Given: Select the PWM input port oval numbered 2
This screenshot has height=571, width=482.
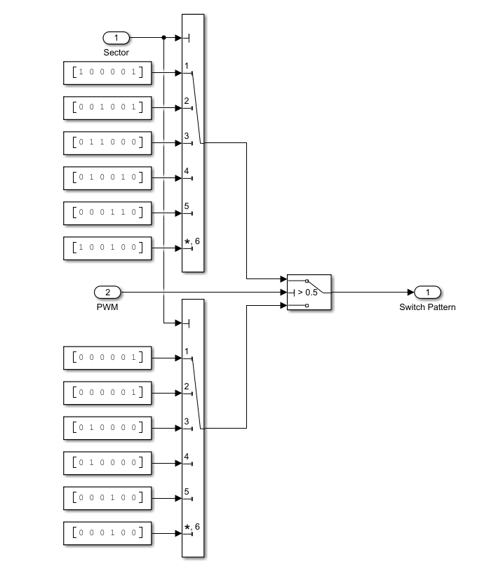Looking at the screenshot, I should coord(107,291).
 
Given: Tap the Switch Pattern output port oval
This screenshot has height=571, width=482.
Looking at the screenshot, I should coord(427,291).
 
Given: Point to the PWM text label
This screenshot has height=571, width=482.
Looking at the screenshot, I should coord(107,307).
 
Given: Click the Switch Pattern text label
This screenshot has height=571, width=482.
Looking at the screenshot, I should coord(427,307).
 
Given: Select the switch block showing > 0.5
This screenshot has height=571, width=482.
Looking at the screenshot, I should coord(309,291).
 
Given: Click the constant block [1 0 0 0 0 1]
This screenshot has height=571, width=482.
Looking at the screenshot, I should coord(107,72).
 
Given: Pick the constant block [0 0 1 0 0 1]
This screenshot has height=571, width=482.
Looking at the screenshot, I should coord(107,107).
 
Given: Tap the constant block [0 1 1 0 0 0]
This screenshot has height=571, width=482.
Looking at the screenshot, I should coord(107,142).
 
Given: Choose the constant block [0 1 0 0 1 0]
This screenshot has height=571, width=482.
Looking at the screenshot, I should coord(107,177).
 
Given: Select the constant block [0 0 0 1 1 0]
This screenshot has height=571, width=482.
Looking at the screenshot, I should coord(107,213).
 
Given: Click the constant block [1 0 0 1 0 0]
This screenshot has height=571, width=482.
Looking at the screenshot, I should coord(107,248).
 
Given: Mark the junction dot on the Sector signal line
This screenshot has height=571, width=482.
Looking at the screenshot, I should coord(163,37).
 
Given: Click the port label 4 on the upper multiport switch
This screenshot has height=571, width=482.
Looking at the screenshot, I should coord(187,170).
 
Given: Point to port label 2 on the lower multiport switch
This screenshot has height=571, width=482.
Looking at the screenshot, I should coord(187,386).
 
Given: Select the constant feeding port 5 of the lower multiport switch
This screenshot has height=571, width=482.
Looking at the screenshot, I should coord(107,498).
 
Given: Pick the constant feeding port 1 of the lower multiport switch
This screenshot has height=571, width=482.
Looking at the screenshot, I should coord(107,358).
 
